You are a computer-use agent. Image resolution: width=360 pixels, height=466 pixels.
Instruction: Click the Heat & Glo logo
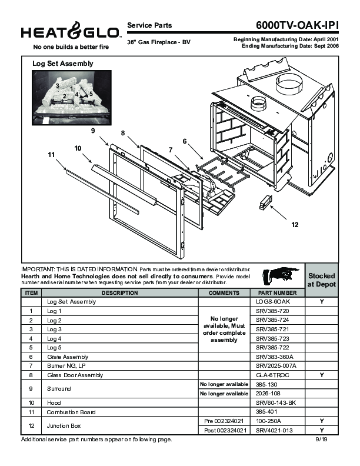coord(69,33)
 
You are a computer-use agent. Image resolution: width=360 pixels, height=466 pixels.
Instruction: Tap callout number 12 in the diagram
coord(295,225)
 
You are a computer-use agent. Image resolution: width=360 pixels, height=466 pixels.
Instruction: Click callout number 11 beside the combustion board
coord(51,154)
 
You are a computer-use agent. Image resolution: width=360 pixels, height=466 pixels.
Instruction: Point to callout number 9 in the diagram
coord(93,130)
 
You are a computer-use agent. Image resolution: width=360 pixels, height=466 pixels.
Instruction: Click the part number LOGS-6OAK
coord(274,301)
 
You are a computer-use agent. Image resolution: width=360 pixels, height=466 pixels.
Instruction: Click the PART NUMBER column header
coord(274,292)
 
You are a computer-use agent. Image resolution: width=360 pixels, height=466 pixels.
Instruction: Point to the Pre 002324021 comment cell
coord(224,421)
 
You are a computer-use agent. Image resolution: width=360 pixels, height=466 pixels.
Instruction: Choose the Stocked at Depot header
coord(322,279)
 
